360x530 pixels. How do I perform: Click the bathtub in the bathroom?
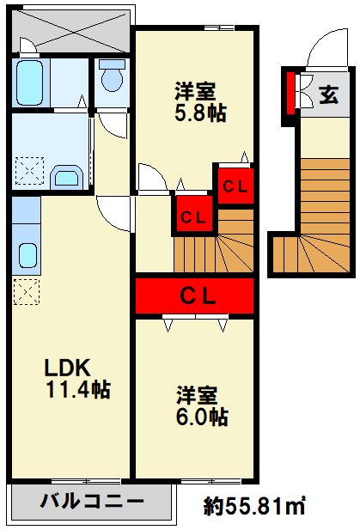click(30, 82)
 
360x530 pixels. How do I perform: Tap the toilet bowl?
click(111, 79)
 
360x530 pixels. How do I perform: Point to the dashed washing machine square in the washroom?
click(29, 171)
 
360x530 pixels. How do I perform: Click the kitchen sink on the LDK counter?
click(27, 255)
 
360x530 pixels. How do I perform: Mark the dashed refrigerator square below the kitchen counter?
click(24, 294)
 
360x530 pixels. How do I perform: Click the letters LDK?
click(67, 368)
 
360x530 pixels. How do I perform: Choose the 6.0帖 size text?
click(203, 417)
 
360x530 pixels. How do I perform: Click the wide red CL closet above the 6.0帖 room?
click(195, 296)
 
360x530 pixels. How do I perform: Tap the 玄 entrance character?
click(328, 94)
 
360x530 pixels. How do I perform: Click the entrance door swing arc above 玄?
click(326, 47)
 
